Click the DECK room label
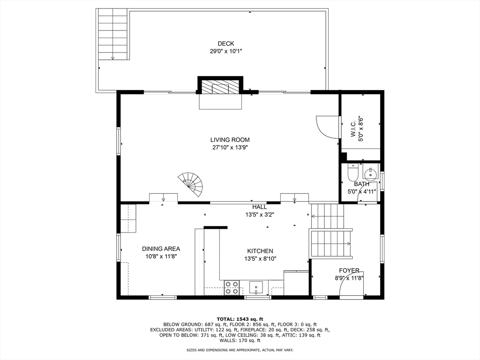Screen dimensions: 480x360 (x=226, y=44)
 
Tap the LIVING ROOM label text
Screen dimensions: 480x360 (x=230, y=140)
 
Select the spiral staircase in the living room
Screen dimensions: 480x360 (x=192, y=185)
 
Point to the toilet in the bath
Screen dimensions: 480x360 (x=353, y=172)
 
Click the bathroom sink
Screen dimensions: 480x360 (x=371, y=173)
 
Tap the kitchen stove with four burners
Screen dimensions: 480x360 (x=232, y=288)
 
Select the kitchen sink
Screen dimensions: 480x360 (x=255, y=288)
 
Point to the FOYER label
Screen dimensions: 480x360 (x=349, y=270)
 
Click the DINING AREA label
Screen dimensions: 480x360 (x=161, y=249)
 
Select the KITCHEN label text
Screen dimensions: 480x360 (x=260, y=251)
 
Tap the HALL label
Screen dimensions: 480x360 (x=260, y=207)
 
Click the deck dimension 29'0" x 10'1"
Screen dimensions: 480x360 (x=226, y=52)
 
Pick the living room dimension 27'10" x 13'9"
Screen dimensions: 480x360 (x=230, y=148)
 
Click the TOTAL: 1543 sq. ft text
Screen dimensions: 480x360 (x=240, y=319)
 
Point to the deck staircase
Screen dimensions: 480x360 (x=113, y=34)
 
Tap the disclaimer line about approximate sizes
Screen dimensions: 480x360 (x=240, y=350)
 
